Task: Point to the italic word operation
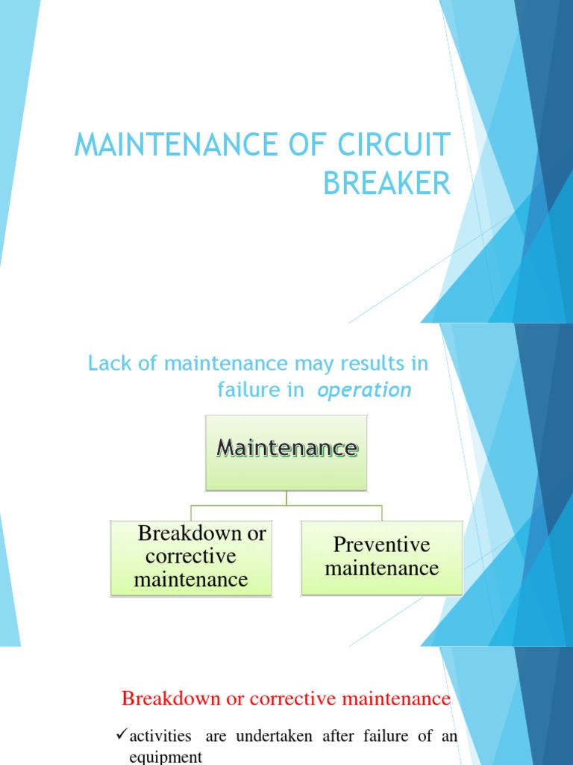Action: tap(365, 390)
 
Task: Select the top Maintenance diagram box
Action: tap(286, 452)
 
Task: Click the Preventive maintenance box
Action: tap(382, 557)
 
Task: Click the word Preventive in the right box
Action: tap(382, 544)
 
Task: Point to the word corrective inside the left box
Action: tap(190, 557)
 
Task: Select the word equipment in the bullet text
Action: tap(166, 757)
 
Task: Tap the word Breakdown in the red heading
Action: tap(163, 699)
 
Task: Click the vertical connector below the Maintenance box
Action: tap(286, 498)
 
